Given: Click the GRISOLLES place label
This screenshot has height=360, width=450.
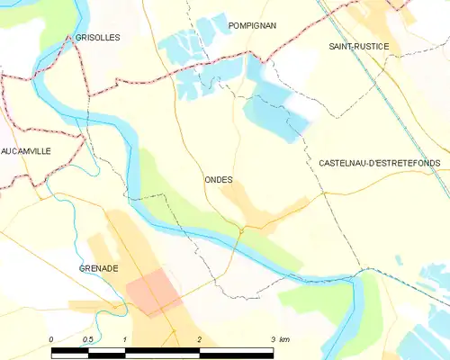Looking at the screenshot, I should pos(98,38).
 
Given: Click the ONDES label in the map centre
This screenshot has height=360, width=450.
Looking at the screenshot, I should pos(219,180).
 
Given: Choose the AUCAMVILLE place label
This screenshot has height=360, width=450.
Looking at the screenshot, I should pos(25,150).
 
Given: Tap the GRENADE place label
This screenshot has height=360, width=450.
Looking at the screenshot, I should pos(98,268).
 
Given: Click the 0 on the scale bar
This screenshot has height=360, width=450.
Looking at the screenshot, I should pos(52,338).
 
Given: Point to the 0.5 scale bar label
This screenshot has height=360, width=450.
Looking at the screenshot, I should pos(87,338).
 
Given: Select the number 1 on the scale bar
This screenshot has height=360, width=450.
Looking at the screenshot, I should pos(124,338).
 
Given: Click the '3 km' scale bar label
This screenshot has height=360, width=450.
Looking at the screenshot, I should pos(279,338).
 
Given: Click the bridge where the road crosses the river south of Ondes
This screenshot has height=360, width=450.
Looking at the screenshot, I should pos(240,231).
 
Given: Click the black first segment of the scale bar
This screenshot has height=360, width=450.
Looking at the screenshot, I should pos(69,348).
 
